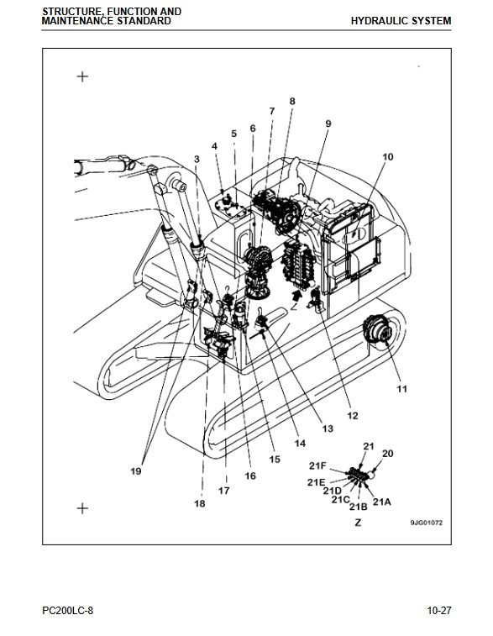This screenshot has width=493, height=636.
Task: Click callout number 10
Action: (x=387, y=156)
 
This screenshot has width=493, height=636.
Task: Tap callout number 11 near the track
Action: (x=401, y=389)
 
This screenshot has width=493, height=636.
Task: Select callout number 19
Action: (x=136, y=471)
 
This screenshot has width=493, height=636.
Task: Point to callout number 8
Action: (x=292, y=101)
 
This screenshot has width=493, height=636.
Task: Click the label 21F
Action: (x=317, y=465)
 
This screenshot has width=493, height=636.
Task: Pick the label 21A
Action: (x=382, y=502)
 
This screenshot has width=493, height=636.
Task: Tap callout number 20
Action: (x=387, y=453)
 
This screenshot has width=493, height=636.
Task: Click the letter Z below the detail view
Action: (x=358, y=523)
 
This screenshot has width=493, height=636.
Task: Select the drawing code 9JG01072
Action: (x=427, y=523)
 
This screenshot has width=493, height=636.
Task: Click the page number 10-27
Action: (x=439, y=610)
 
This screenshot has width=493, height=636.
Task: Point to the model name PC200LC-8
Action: (x=67, y=610)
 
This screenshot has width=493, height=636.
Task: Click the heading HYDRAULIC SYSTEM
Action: (x=401, y=21)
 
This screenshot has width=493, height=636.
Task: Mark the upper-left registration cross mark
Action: (x=82, y=76)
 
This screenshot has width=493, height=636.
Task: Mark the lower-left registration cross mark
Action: (x=82, y=508)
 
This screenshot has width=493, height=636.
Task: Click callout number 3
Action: (x=197, y=159)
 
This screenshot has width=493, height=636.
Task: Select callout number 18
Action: (x=200, y=503)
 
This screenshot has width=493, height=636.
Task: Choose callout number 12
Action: (x=353, y=415)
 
